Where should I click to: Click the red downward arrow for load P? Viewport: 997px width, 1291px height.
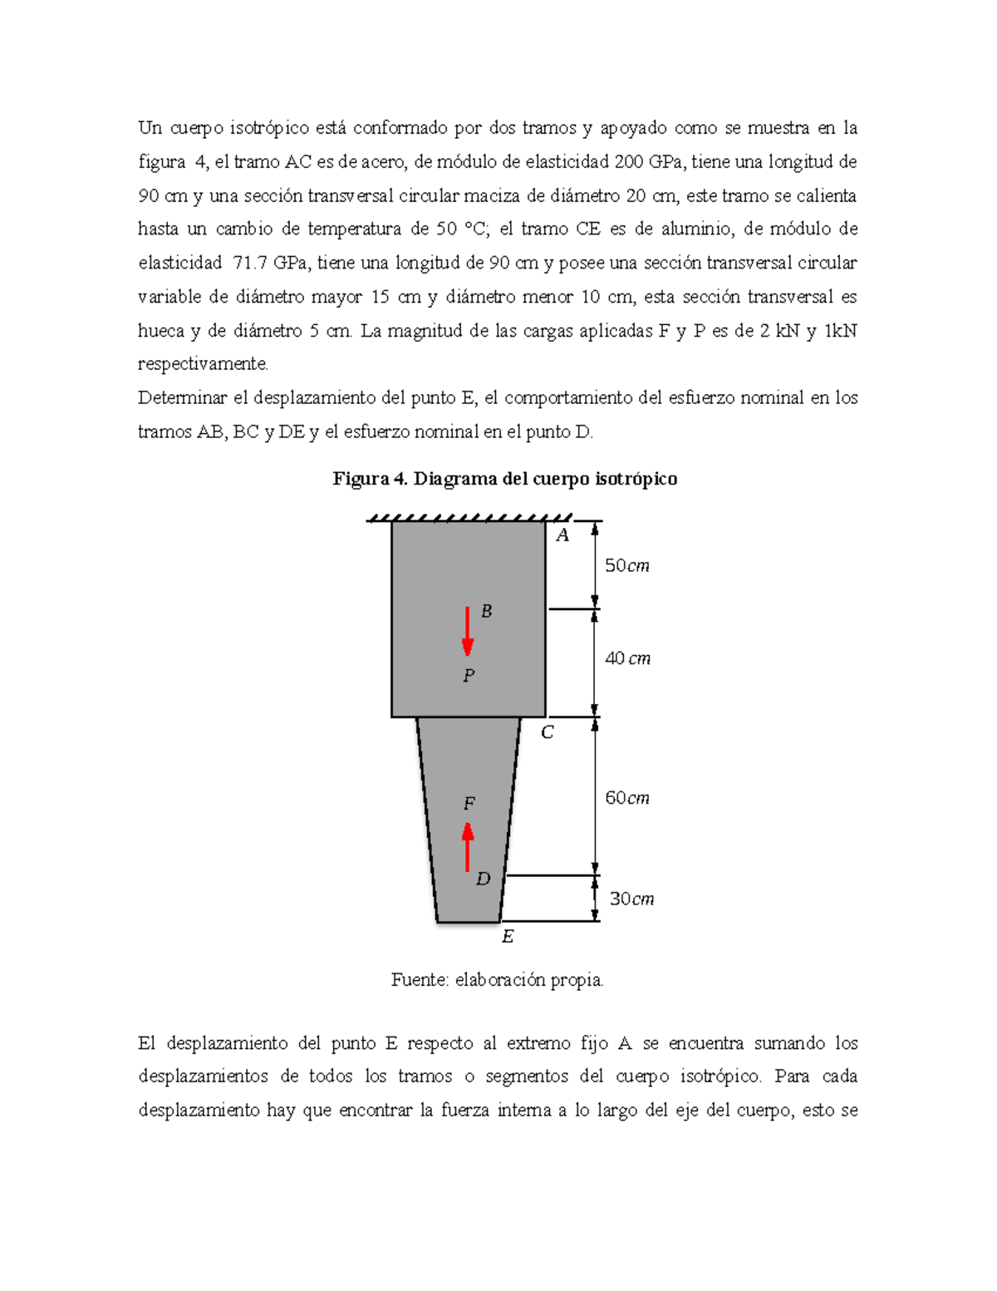pos(468,631)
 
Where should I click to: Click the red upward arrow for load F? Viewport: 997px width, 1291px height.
pos(468,847)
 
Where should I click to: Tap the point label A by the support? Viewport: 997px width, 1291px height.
pos(562,536)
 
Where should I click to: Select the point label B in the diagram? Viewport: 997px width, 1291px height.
pos(487,611)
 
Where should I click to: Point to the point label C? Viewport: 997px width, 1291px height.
pos(547,733)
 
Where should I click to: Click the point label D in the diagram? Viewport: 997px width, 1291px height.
pos(483,879)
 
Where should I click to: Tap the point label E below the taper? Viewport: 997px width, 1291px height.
pos(508,937)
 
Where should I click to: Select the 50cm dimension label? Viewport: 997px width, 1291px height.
pos(626,566)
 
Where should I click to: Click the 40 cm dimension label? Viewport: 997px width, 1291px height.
pos(627,658)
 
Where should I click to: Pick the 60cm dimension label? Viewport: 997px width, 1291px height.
pos(626,798)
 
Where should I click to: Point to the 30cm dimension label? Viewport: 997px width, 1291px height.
pos(631,899)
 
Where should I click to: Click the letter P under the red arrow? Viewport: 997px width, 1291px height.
pos(469,676)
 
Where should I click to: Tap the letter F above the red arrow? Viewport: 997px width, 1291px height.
pos(469,804)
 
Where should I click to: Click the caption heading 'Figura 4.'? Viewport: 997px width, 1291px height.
pos(371,479)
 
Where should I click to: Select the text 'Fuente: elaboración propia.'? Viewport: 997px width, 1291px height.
pos(497,980)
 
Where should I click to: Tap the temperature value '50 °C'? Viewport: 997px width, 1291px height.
pos(459,229)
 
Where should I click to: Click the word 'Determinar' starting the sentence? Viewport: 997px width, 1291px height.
pos(182,398)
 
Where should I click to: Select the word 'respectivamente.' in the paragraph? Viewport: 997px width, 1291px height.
pos(204,364)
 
